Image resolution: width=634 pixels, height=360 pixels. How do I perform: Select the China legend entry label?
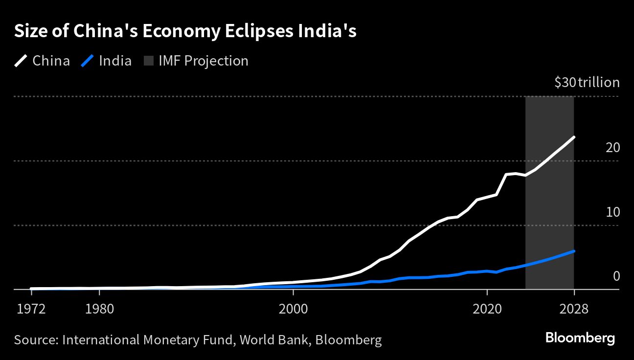click(51, 61)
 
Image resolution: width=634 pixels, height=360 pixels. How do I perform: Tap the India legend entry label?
click(115, 61)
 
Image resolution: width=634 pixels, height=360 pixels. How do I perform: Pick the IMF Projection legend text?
click(204, 61)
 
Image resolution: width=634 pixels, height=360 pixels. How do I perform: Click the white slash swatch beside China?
click(21, 61)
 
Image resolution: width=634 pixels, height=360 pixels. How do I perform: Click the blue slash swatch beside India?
click(87, 61)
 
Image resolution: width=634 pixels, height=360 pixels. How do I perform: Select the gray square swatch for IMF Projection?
click(149, 61)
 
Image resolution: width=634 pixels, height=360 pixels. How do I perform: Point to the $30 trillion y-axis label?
click(587, 83)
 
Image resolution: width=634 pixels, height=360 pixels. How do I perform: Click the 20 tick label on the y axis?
click(612, 147)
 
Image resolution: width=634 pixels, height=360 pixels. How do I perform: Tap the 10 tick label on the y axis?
click(612, 212)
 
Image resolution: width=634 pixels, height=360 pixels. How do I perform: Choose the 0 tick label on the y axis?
click(616, 276)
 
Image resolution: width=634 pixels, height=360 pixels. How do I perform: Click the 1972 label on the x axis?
click(31, 309)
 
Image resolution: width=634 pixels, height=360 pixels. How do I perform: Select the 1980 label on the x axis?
click(99, 309)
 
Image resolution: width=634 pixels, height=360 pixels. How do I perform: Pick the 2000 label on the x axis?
click(293, 309)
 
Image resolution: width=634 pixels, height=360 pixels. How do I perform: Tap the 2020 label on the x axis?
click(487, 309)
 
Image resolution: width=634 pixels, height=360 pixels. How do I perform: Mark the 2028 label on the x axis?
click(574, 309)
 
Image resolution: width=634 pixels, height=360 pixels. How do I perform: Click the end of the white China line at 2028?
click(574, 137)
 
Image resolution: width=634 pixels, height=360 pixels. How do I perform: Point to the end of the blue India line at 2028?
click(574, 251)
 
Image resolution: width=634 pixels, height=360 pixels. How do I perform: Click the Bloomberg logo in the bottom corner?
click(580, 338)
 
